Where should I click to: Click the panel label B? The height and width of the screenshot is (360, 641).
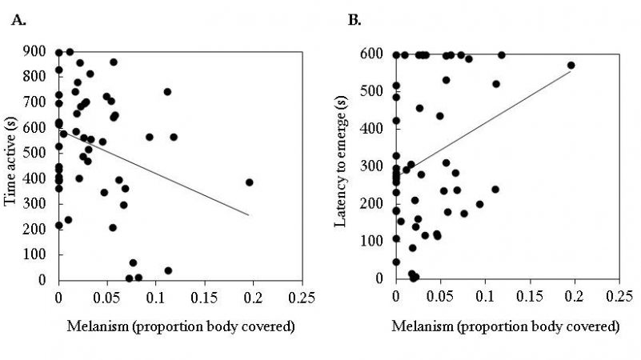[x=355, y=19]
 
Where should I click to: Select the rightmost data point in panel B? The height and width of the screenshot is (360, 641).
[x=571, y=66]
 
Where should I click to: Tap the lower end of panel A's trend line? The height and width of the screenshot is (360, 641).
[x=250, y=215]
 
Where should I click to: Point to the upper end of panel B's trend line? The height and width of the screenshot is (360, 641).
[x=571, y=71]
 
